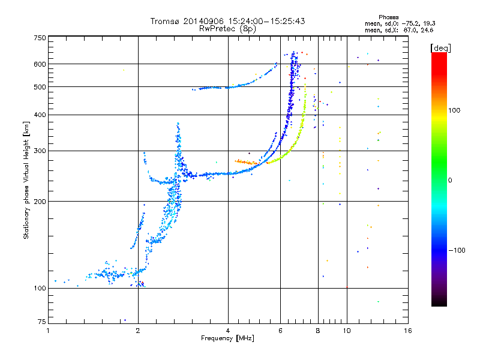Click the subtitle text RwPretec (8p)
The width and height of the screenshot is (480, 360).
pos(227,29)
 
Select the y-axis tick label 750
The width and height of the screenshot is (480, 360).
pos(40,38)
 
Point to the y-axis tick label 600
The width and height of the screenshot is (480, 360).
pos(40,64)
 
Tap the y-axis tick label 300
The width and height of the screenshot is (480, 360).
pos(40,151)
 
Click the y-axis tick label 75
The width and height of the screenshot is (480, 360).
pos(42,322)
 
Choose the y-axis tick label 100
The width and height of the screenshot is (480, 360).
pos(40,288)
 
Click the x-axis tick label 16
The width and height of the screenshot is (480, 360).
pos(408,331)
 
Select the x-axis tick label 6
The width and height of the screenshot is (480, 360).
pos(280,331)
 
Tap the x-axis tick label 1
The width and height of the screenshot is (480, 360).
pos(49,331)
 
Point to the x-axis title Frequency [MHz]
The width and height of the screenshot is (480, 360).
pos(227,338)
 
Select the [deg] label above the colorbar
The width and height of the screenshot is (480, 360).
pos(440,48)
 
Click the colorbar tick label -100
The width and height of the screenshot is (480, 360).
pos(457,250)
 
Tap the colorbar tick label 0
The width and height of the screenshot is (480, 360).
pos(450,181)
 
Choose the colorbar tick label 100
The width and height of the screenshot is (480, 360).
pos(454,110)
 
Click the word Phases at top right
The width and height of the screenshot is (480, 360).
pos(388,17)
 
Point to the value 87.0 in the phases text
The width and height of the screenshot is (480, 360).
pos(409,31)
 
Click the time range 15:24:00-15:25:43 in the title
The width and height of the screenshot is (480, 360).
pos(266,21)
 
